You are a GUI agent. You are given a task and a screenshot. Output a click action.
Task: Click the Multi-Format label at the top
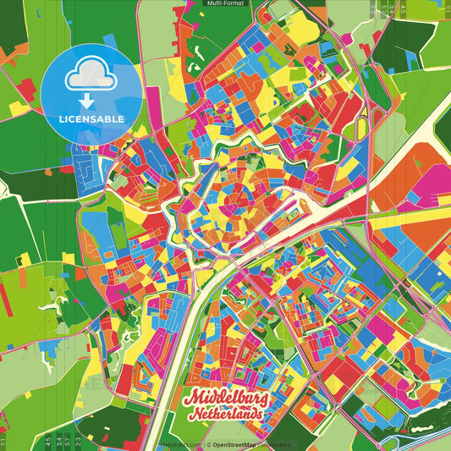224,3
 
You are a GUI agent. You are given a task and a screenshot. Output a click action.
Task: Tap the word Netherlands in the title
227,416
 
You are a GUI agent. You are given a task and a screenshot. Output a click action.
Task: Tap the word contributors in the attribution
272,444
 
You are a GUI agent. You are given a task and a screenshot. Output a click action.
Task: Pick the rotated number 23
77,441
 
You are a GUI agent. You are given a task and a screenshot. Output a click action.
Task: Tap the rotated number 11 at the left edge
3,441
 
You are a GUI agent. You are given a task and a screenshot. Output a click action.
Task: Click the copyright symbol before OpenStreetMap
208,444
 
